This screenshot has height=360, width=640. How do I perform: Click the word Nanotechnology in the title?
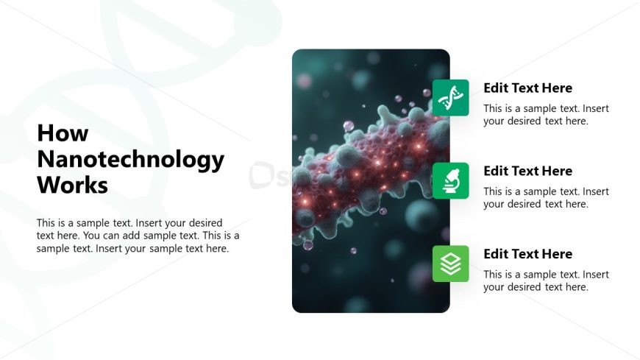[x=130, y=159]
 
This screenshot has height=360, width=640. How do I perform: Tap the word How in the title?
[x=63, y=133]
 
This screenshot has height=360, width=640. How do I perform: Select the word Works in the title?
[x=72, y=185]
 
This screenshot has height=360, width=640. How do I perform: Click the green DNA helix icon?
[x=450, y=98]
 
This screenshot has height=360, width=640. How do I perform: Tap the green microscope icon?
[x=450, y=180]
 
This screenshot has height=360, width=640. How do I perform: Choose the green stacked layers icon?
[x=450, y=264]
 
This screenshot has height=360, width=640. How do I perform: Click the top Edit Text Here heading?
[x=527, y=88]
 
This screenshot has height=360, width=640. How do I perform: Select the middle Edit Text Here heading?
[x=527, y=171]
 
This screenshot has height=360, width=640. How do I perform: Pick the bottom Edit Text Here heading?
[x=527, y=254]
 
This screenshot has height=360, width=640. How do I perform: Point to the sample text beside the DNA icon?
[x=546, y=115]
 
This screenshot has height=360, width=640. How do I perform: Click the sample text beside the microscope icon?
[x=546, y=198]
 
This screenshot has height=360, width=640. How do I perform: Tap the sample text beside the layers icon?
[x=546, y=280]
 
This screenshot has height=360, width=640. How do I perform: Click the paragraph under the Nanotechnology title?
[x=138, y=236]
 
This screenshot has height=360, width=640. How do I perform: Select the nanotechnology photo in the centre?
[x=370, y=243]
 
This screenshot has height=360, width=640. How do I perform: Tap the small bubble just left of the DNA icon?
[x=425, y=93]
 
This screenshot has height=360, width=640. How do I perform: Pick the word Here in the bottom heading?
[x=558, y=254]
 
